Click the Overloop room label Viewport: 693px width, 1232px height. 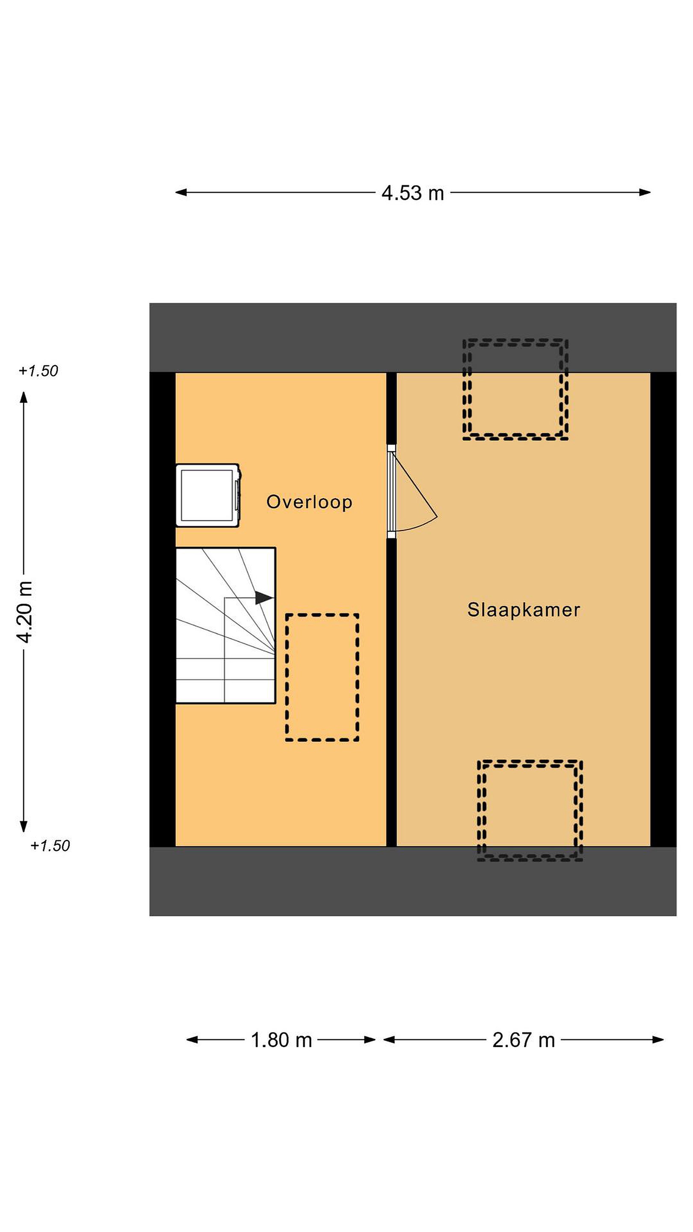(x=309, y=502)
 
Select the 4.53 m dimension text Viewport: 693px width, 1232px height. (x=413, y=193)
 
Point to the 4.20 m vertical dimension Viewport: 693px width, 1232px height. (x=24, y=612)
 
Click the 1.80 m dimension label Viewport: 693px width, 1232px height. (x=281, y=1040)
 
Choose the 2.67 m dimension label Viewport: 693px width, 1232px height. (x=524, y=1040)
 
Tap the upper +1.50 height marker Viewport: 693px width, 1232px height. (x=38, y=371)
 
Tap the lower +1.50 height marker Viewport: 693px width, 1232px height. (x=50, y=846)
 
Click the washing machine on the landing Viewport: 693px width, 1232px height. (x=208, y=495)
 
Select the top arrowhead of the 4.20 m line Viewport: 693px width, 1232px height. (x=24, y=397)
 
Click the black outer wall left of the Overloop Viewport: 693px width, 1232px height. (x=163, y=610)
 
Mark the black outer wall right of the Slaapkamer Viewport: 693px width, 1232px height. (x=664, y=610)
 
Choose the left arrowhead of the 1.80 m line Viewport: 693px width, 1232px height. (x=192, y=1040)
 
